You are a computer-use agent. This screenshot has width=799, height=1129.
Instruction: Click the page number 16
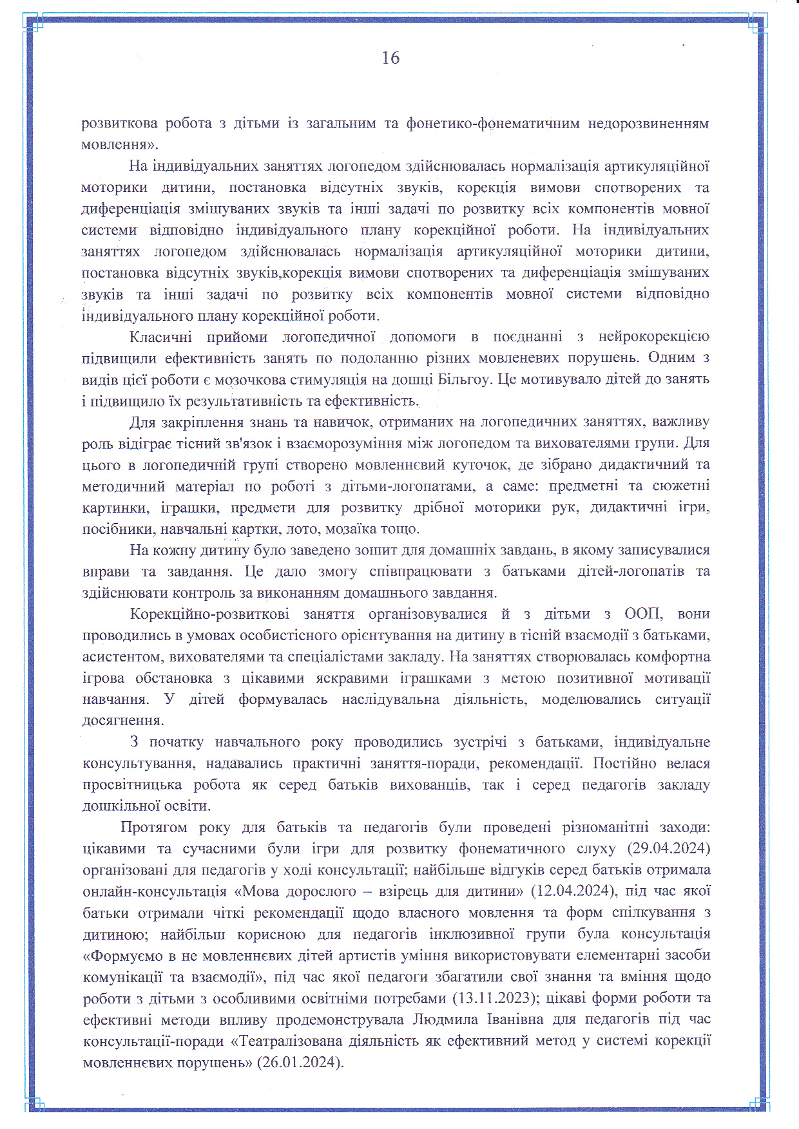[390, 58]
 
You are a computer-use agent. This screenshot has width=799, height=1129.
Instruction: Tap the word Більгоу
[465, 379]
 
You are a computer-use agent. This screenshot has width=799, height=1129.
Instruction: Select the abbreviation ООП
[642, 614]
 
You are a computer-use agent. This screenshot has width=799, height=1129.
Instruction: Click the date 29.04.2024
[673, 849]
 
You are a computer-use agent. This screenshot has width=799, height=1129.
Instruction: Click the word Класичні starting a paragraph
[160, 337]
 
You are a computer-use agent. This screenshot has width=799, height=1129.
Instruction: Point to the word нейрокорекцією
[653, 337]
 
